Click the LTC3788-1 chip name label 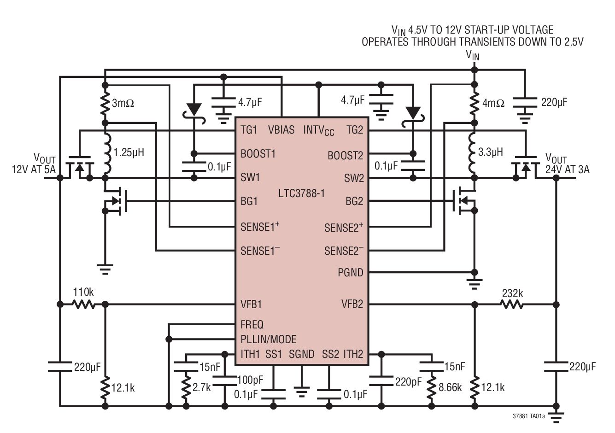[x=301, y=193]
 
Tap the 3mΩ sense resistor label [x=123, y=103]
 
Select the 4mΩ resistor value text [x=493, y=103]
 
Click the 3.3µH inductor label [x=491, y=152]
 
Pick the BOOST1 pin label [x=258, y=154]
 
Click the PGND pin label [x=350, y=273]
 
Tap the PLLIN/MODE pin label [x=268, y=339]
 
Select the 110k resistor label [x=84, y=293]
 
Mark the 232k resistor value [x=512, y=293]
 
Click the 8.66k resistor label [x=450, y=387]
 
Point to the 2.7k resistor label [x=201, y=387]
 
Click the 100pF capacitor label [x=250, y=380]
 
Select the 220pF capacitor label [x=408, y=382]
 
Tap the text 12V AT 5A [x=33, y=170]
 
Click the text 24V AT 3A [x=567, y=170]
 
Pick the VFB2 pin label [x=352, y=304]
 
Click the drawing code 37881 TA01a [x=528, y=416]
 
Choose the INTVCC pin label [x=318, y=130]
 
